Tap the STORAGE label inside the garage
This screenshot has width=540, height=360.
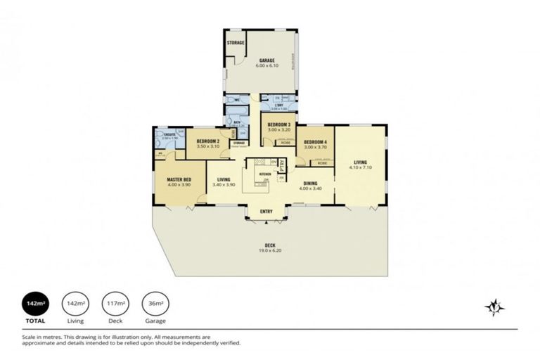(235, 43)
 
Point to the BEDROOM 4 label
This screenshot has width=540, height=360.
(314, 142)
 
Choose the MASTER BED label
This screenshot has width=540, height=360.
(179, 180)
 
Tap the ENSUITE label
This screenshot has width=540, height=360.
(169, 134)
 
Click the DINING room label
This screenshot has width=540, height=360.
(309, 184)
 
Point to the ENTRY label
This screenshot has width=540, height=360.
(266, 212)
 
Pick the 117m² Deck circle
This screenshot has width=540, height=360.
(115, 304)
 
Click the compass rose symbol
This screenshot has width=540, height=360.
(496, 307)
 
